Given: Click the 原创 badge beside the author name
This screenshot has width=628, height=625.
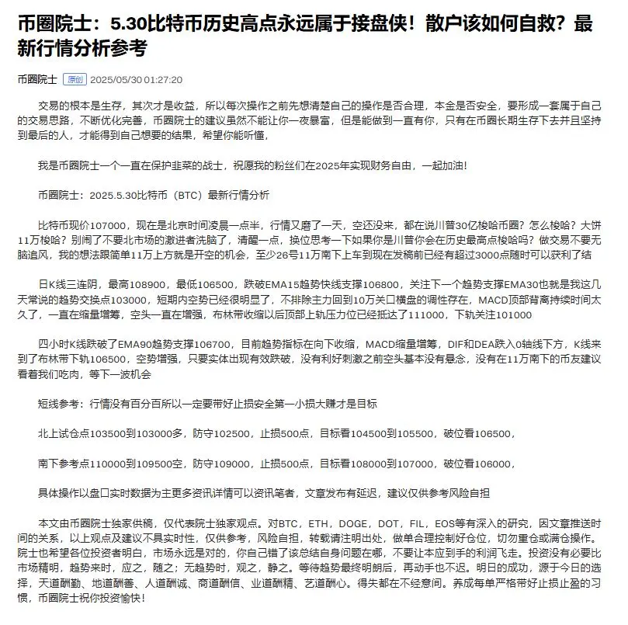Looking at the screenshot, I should (x=75, y=79).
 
